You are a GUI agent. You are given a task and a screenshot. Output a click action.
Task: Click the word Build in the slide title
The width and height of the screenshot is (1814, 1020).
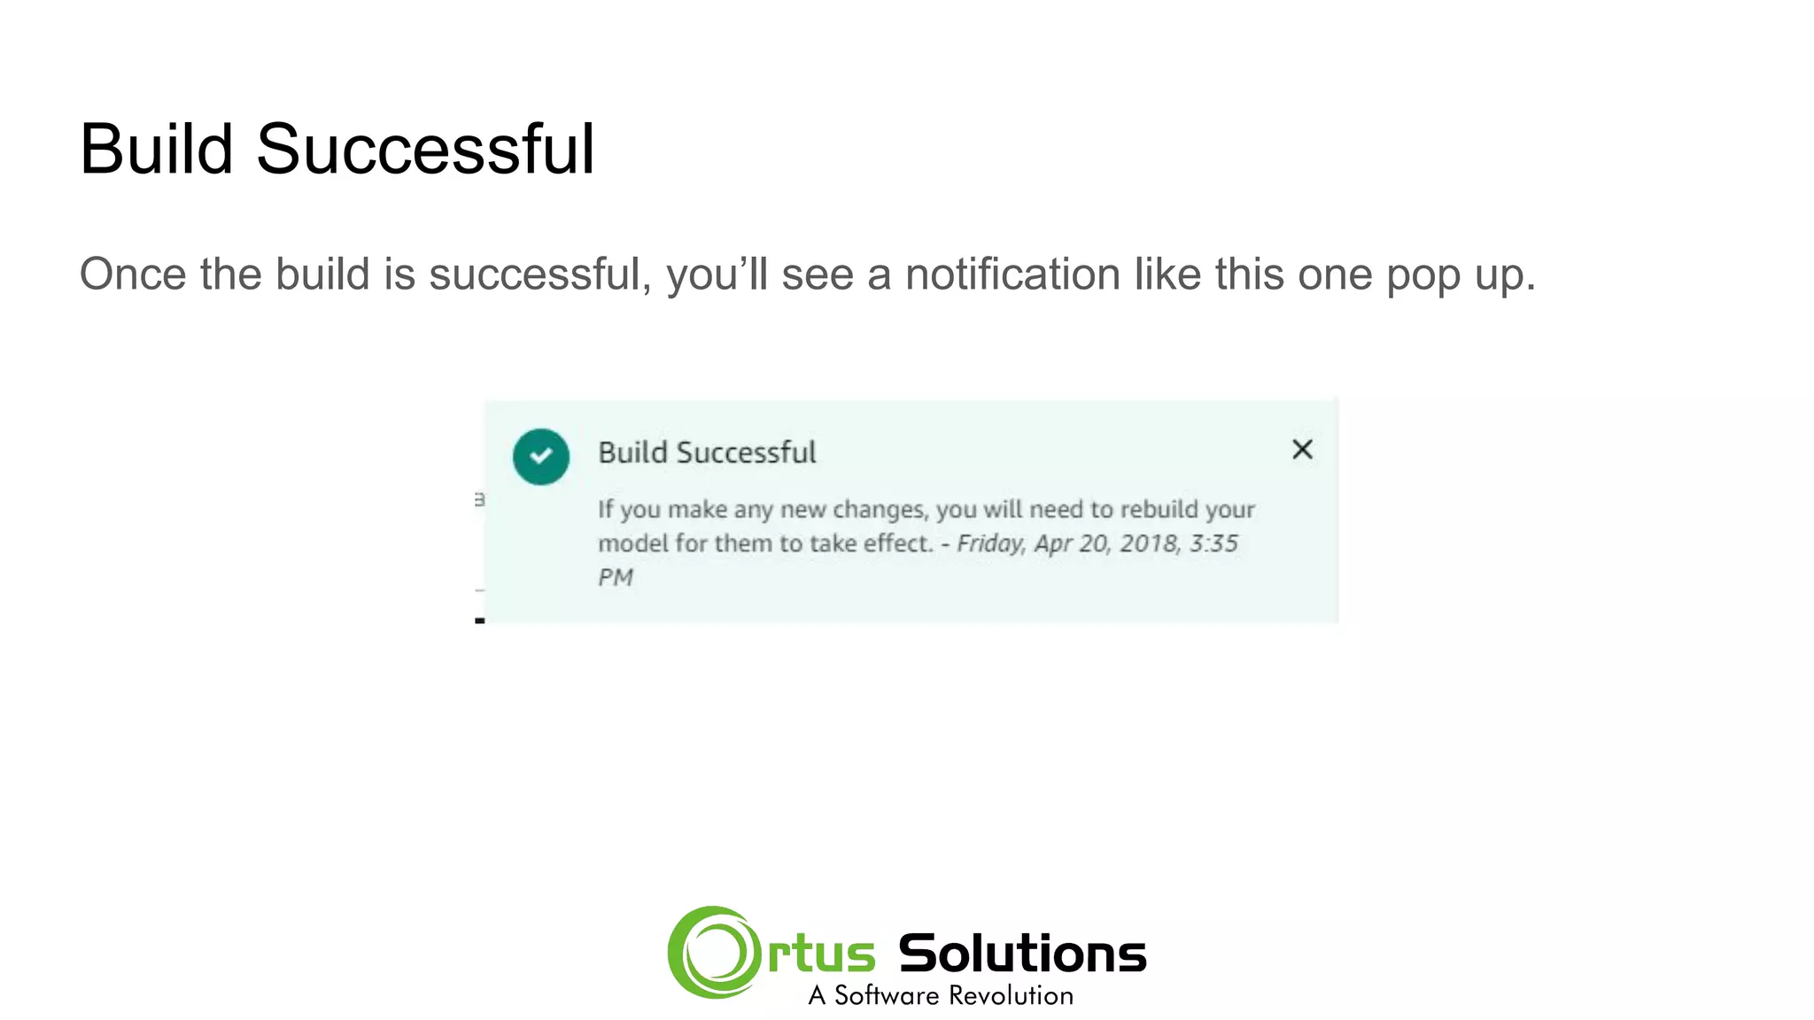(156, 149)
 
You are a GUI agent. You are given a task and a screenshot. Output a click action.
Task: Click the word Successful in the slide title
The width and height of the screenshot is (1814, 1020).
(425, 149)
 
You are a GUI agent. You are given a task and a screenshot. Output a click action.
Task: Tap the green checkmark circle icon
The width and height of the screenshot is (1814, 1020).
(540, 456)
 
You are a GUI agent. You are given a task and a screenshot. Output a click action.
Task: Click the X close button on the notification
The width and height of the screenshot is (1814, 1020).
(1302, 449)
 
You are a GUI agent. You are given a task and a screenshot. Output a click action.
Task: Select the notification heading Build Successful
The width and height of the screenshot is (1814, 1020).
(707, 452)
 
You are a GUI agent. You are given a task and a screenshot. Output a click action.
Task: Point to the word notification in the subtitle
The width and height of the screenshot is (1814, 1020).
(1012, 274)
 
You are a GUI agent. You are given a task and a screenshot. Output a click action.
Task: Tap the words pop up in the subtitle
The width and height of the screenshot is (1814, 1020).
(1460, 275)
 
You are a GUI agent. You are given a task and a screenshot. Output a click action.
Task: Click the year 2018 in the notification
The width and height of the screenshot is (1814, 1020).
(1149, 543)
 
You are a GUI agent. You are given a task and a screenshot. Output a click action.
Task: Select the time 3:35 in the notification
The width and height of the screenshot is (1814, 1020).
(1213, 543)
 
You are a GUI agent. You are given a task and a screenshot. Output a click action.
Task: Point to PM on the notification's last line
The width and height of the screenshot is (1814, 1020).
(616, 577)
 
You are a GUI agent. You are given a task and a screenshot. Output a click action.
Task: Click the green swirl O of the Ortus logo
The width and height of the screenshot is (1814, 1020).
(714, 952)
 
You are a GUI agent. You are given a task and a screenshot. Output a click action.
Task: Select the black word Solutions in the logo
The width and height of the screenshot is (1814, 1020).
(1022, 954)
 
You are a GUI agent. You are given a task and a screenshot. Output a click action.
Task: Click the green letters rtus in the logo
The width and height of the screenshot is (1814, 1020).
(821, 954)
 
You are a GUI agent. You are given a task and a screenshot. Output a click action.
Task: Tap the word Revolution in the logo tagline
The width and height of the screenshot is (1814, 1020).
(1011, 995)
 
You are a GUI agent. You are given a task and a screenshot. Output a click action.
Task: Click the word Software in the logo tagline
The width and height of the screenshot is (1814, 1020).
(887, 995)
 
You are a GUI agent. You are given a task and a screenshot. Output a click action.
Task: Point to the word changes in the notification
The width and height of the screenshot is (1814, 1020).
(880, 510)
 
